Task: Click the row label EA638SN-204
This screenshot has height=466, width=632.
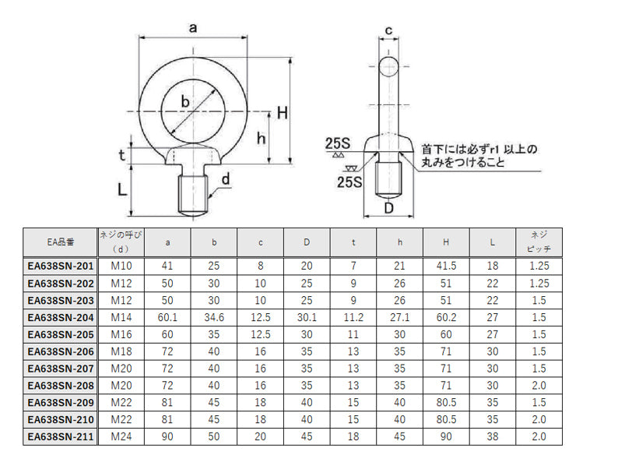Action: (61, 317)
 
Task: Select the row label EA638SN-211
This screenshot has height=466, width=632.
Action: (61, 436)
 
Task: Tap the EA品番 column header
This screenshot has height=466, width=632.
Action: (61, 242)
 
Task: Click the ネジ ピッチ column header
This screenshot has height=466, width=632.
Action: (539, 242)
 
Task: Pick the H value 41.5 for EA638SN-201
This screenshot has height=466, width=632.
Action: (446, 266)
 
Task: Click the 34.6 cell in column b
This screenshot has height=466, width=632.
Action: (214, 317)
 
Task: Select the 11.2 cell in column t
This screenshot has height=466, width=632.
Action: (353, 317)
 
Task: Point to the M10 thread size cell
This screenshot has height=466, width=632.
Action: (121, 266)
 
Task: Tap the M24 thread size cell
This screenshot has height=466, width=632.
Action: (121, 436)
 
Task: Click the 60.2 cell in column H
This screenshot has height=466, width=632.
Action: (446, 317)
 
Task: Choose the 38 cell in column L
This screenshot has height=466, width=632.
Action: (493, 436)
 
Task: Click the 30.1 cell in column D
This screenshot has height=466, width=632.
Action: (307, 317)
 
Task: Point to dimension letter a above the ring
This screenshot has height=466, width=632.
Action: (193, 29)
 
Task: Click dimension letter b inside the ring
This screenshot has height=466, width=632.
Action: (185, 101)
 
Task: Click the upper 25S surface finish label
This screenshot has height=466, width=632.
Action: (338, 143)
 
